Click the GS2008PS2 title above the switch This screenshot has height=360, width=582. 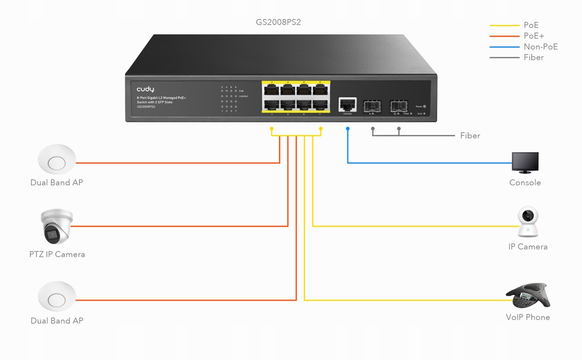pyautogui.click(x=278, y=22)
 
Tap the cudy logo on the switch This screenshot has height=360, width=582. pyautogui.click(x=145, y=89)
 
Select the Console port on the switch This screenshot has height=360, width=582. pyautogui.click(x=347, y=104)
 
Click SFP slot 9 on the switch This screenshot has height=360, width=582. pyautogui.click(x=371, y=105)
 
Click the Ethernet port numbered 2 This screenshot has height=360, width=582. pyautogui.click(x=272, y=90)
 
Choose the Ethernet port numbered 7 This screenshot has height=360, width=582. pyautogui.click(x=320, y=105)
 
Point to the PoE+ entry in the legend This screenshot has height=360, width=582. pyautogui.click(x=534, y=36)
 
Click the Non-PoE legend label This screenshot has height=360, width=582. pyautogui.click(x=541, y=47)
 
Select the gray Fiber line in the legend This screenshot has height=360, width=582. pyautogui.click(x=505, y=57)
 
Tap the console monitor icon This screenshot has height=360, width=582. pyautogui.click(x=525, y=163)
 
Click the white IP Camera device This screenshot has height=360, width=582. pyautogui.click(x=528, y=222)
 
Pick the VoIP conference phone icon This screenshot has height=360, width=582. pyautogui.click(x=528, y=296)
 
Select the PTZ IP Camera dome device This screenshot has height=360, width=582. pyautogui.click(x=56, y=226)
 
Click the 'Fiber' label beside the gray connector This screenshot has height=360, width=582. pyautogui.click(x=470, y=135)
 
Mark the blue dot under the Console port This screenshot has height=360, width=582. pyautogui.click(x=348, y=129)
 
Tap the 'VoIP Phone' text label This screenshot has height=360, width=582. pyautogui.click(x=528, y=317)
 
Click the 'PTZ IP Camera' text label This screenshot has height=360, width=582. pyautogui.click(x=57, y=254)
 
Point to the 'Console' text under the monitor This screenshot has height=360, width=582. pyautogui.click(x=525, y=183)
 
